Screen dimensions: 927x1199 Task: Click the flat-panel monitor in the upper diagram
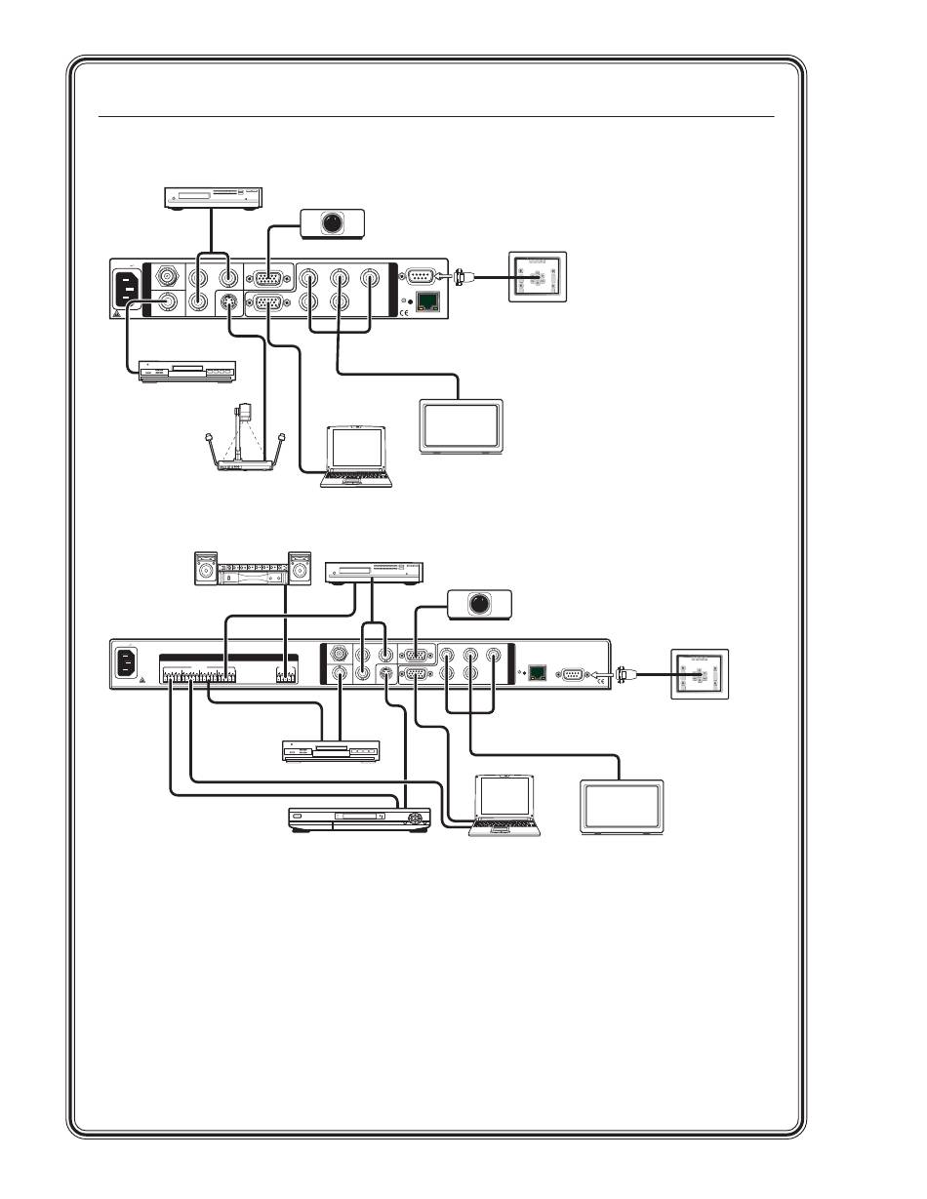coord(461,425)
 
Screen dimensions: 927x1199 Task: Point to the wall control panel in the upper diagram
coord(536,277)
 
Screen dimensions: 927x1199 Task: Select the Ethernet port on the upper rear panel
coord(426,301)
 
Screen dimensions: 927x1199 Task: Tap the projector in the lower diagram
coord(478,604)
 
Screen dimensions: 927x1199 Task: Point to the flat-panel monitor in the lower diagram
coord(622,806)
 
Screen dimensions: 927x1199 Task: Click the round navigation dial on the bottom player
coord(417,818)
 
